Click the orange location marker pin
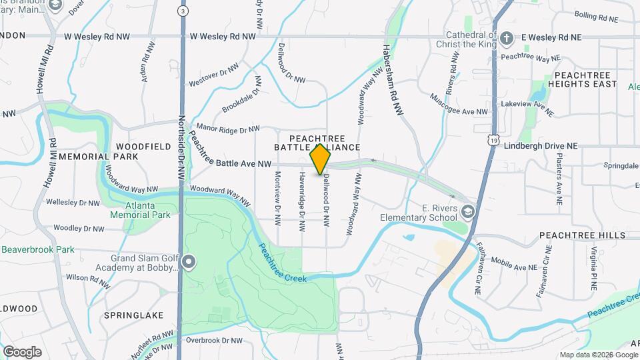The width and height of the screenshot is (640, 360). click(x=321, y=159)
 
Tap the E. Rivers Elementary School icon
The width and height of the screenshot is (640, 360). click(x=469, y=212)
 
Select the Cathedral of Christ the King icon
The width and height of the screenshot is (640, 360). click(x=507, y=37)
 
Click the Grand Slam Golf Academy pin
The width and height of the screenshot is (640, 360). click(x=189, y=262)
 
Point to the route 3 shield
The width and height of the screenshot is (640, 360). click(x=182, y=11)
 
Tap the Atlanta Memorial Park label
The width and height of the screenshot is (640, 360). click(x=142, y=211)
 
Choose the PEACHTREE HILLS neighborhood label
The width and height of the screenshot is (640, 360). click(x=582, y=235)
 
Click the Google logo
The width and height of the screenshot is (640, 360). click(x=22, y=352)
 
